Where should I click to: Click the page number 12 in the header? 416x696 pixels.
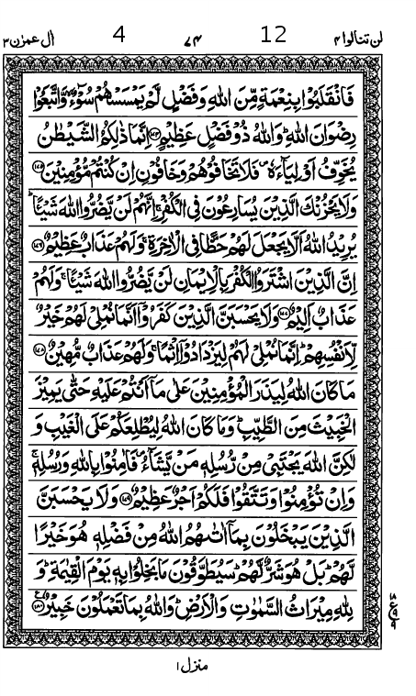(274, 35)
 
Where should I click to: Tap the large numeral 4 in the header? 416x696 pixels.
(118, 35)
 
